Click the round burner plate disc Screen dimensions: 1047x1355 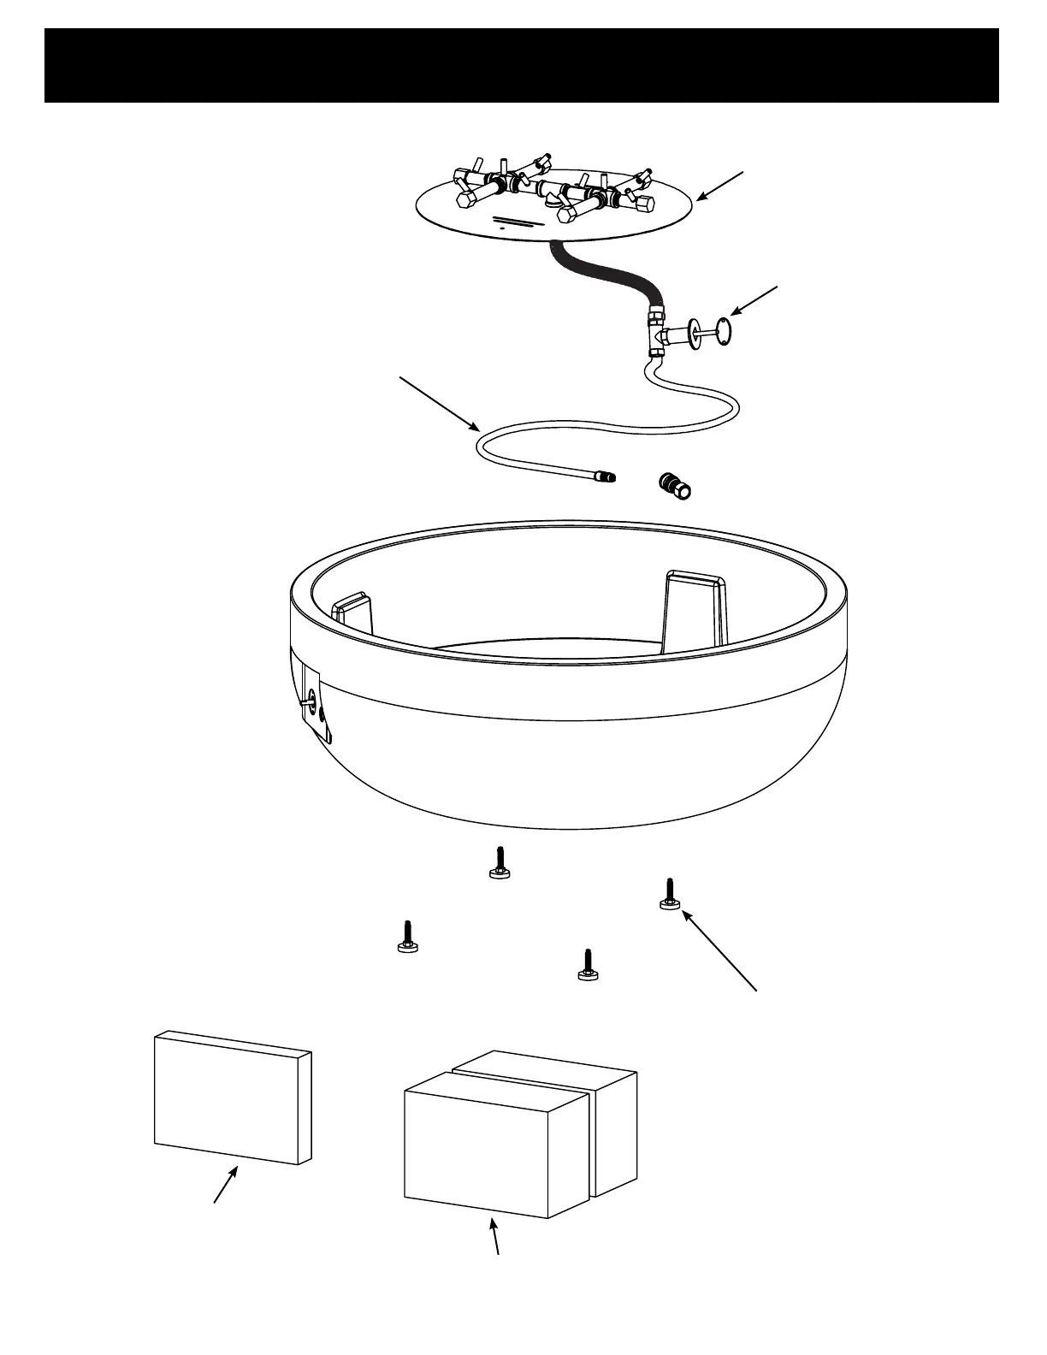pyautogui.click(x=479, y=224)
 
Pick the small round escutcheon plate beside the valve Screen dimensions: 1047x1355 pyautogui.click(x=725, y=333)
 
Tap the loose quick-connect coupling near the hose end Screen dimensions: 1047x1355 pyautogui.click(x=676, y=486)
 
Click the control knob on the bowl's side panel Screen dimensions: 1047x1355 pyautogui.click(x=308, y=703)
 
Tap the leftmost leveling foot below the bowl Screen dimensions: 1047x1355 pyautogui.click(x=407, y=936)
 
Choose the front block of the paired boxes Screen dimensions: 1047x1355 pyautogui.click(x=494, y=1144)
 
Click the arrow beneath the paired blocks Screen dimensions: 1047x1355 pyautogui.click(x=495, y=1236)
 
